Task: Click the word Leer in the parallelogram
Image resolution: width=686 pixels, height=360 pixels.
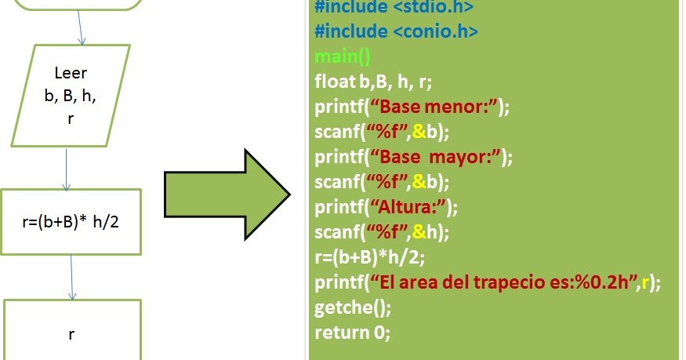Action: coord(71,74)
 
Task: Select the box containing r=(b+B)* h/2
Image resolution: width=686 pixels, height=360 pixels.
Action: coord(71,221)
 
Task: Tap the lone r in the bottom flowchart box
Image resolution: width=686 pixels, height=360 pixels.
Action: coord(71,334)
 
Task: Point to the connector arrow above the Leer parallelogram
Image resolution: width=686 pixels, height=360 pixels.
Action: coord(79,27)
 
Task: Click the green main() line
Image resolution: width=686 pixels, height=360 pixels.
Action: coord(343,56)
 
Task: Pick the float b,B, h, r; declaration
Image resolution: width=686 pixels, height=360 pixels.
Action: coord(374,81)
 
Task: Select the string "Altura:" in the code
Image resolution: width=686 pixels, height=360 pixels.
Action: coord(412,207)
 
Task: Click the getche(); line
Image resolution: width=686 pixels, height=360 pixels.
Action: coord(352,307)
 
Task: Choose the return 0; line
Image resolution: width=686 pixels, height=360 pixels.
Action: coord(352,333)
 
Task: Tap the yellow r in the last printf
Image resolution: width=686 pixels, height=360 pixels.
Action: coord(644,283)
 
